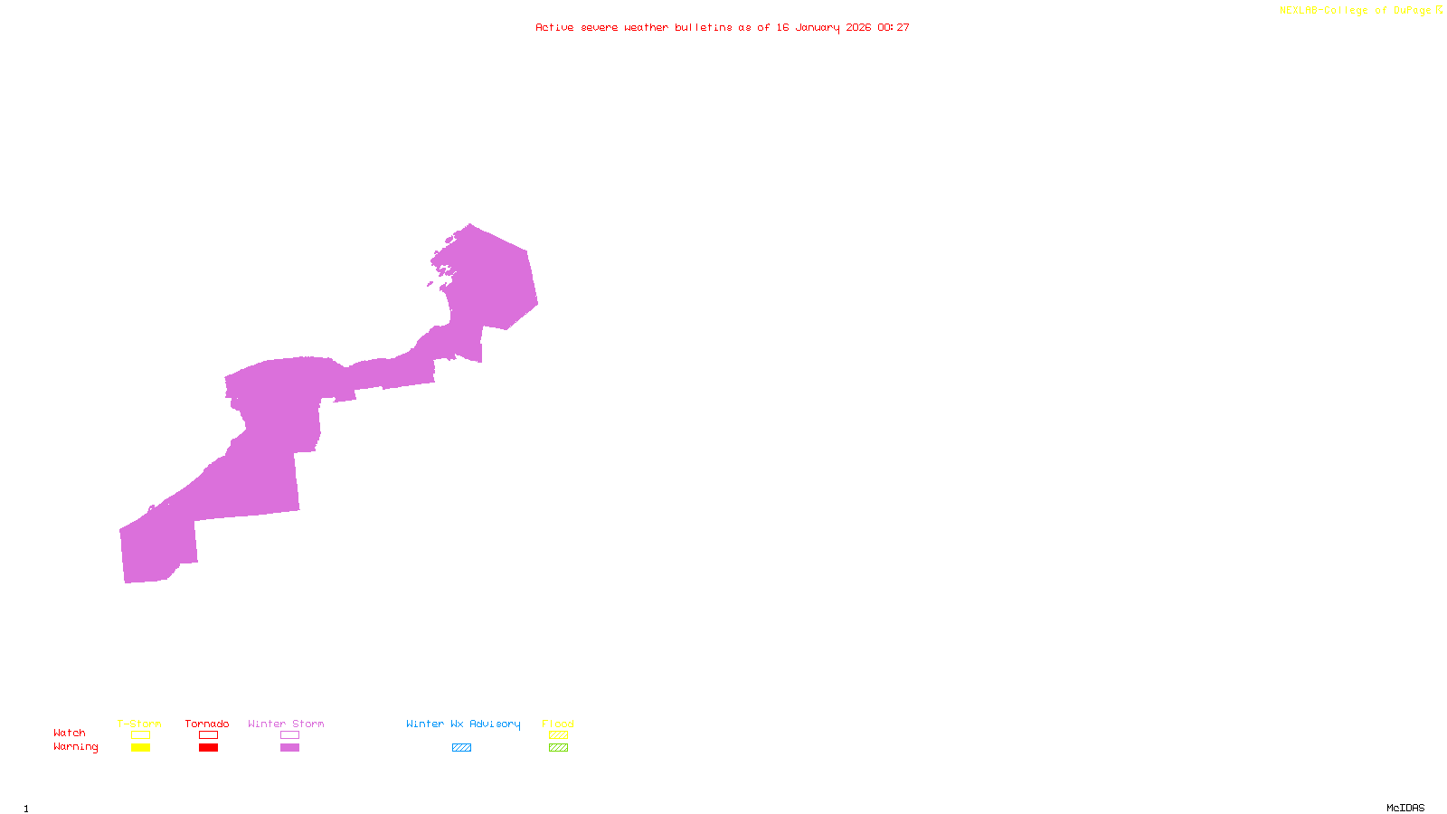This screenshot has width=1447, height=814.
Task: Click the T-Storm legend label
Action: [139, 724]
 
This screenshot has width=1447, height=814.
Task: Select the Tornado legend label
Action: [207, 724]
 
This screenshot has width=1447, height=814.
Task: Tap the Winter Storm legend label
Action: [286, 724]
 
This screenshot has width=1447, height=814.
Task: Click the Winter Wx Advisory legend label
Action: [463, 724]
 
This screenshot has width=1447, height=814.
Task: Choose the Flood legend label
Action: [558, 724]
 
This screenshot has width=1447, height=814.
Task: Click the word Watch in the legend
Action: [70, 733]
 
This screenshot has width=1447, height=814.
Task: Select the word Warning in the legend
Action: [75, 747]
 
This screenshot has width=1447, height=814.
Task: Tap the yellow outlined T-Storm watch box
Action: [140, 735]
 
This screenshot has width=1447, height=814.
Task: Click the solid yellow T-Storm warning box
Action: [140, 748]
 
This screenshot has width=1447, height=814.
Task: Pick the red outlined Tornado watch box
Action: [208, 735]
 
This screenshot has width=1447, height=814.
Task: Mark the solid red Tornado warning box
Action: [208, 748]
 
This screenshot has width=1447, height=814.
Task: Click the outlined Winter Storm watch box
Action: [289, 735]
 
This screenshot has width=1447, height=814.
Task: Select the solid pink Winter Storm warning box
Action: [289, 748]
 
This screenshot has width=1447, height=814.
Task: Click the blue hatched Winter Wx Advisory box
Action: [461, 748]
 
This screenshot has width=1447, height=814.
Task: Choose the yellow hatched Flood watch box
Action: [558, 735]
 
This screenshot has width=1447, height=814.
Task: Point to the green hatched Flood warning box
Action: [558, 748]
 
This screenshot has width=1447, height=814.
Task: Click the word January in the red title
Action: [818, 27]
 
